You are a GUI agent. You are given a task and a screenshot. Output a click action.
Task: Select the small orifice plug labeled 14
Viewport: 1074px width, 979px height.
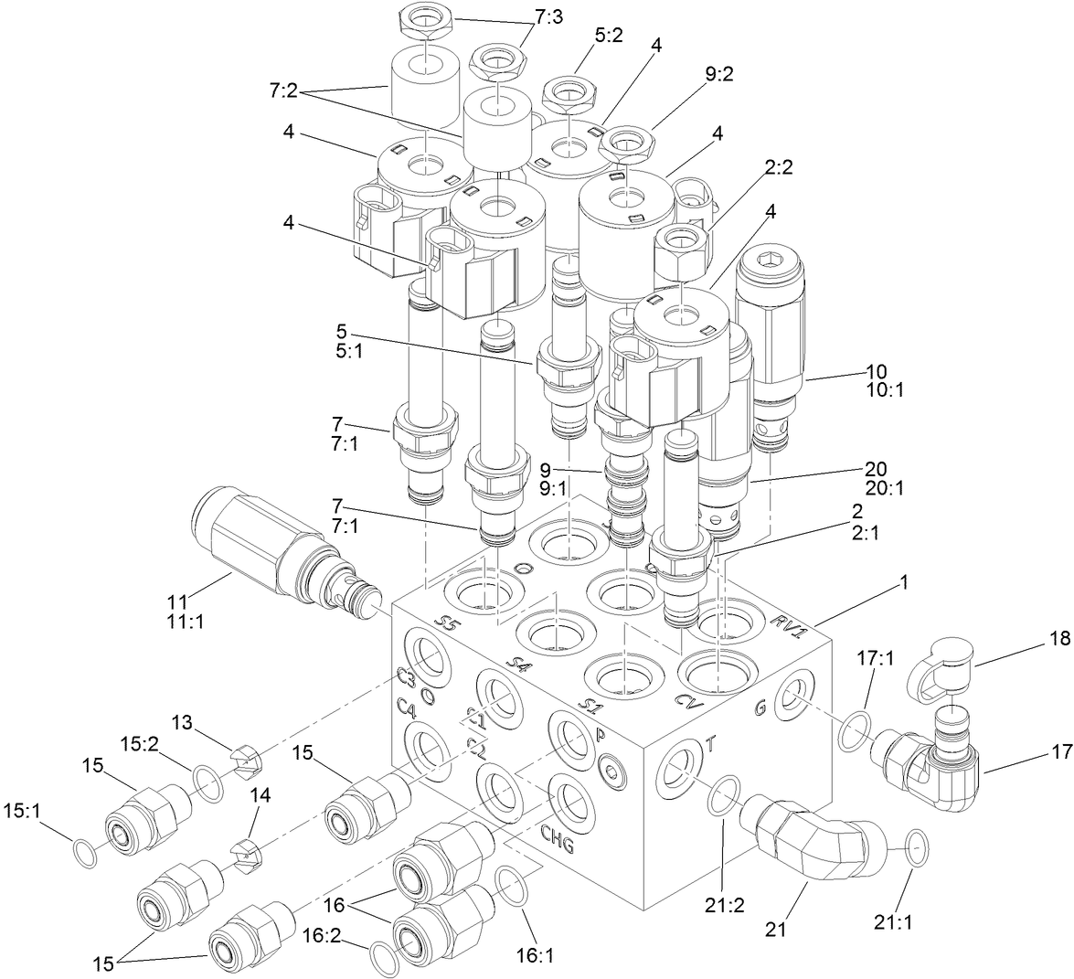(x=247, y=855)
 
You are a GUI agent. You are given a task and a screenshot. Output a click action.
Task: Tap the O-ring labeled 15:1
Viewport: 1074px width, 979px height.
(x=84, y=852)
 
